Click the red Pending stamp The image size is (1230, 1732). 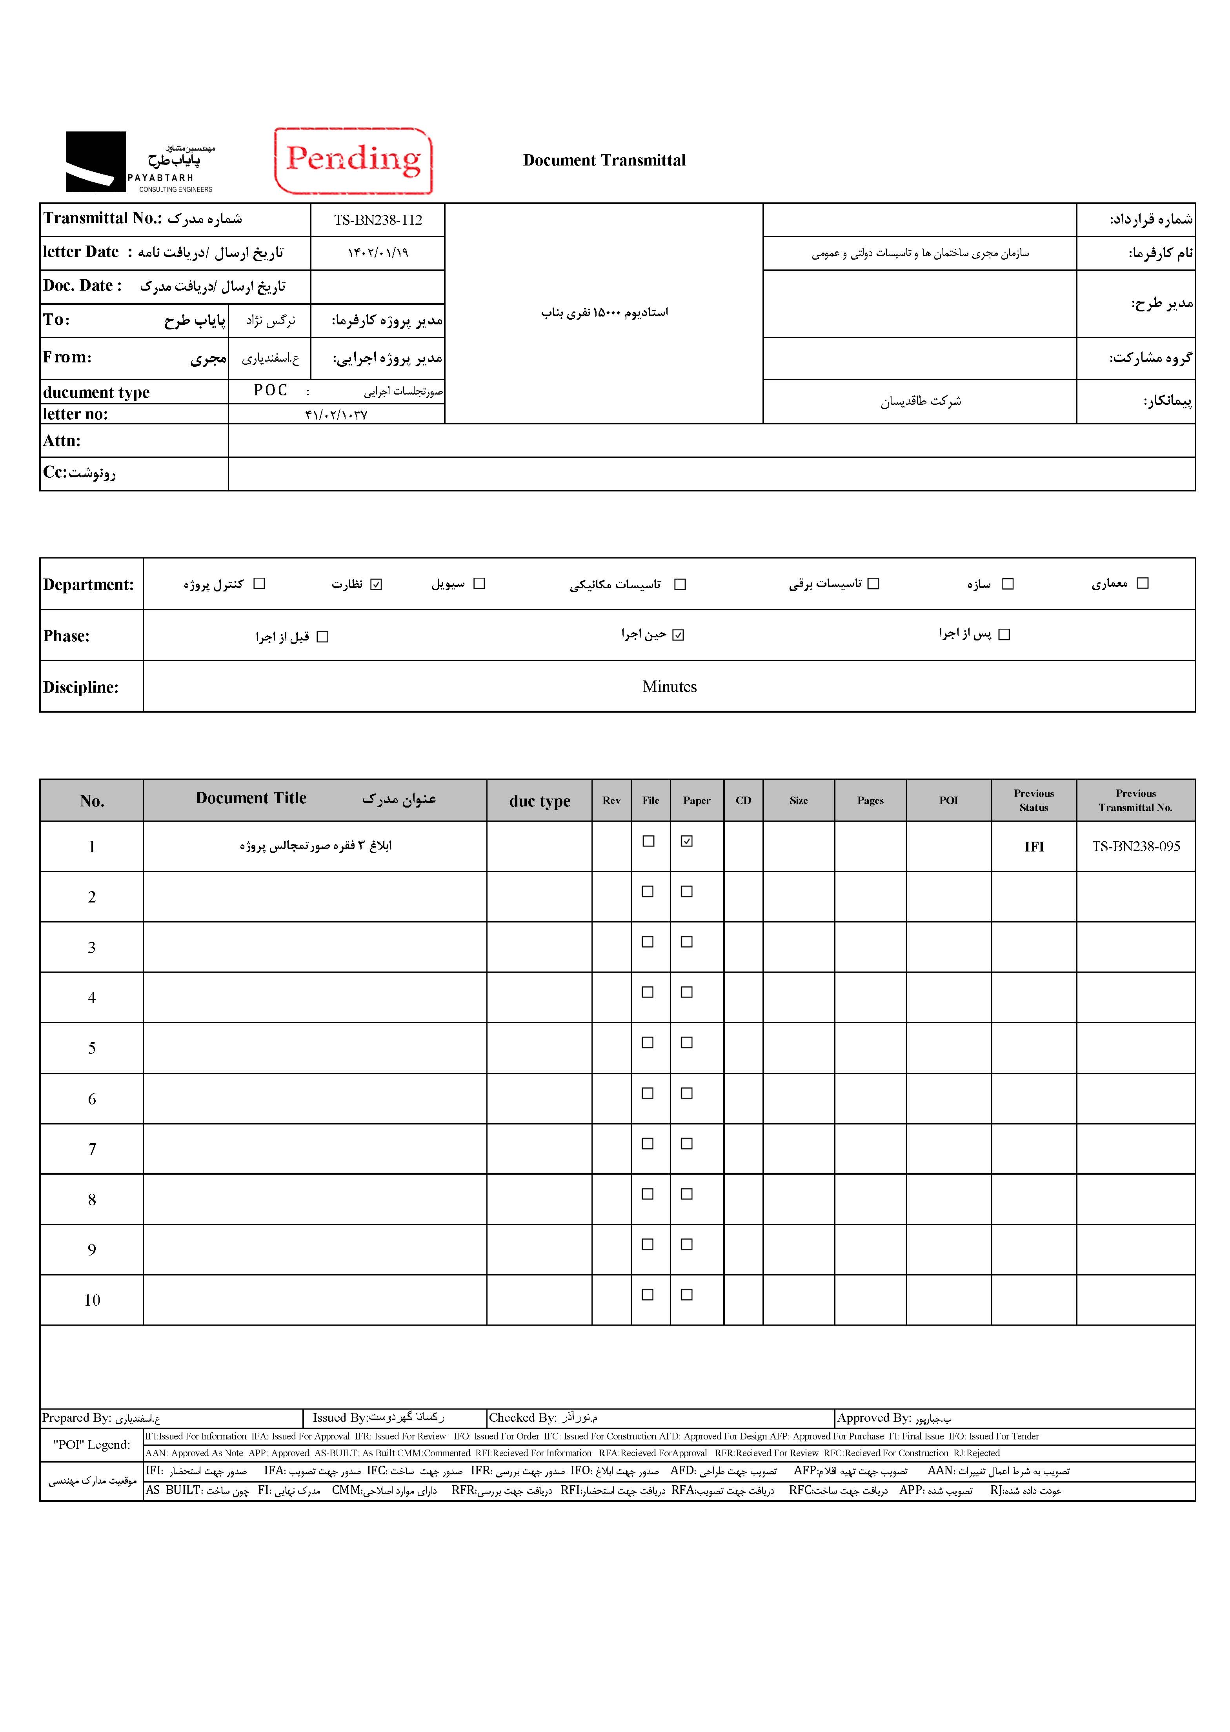point(353,160)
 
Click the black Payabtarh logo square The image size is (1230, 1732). point(95,161)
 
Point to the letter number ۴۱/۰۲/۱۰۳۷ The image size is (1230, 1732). point(336,414)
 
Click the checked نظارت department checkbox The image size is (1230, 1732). point(377,584)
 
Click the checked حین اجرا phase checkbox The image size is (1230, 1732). point(678,635)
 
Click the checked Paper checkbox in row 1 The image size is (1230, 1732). point(687,841)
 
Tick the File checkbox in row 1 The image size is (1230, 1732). point(648,841)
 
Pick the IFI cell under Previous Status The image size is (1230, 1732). point(1034,847)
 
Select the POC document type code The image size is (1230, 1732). point(270,390)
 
